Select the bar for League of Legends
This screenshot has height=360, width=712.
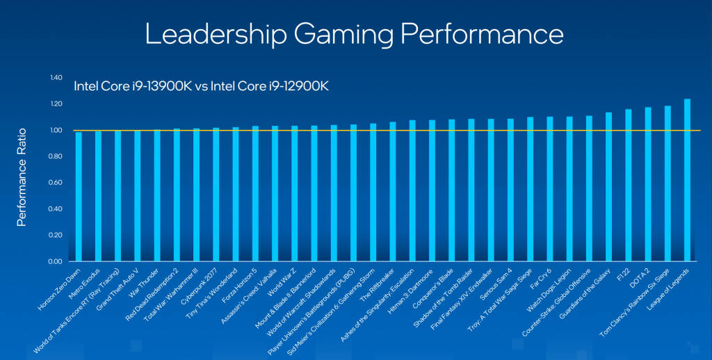(x=687, y=181)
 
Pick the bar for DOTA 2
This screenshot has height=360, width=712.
(x=648, y=185)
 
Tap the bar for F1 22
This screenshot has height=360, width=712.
(x=629, y=186)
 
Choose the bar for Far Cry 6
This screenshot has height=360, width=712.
(x=550, y=189)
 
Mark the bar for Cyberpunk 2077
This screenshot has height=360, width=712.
(x=216, y=195)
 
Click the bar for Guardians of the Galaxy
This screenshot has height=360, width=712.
(x=608, y=187)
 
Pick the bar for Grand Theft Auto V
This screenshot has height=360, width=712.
(x=137, y=196)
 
